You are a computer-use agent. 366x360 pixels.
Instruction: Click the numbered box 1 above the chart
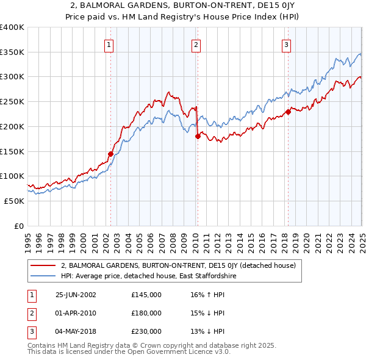click(x=109, y=44)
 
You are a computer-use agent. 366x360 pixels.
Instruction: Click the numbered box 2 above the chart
click(x=196, y=44)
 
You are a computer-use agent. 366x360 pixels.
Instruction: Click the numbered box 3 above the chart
click(x=286, y=44)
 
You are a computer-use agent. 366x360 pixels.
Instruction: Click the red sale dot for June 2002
click(x=111, y=154)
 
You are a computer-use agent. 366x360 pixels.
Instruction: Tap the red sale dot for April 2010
click(x=198, y=137)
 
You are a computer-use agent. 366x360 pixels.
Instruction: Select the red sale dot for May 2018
click(x=288, y=111)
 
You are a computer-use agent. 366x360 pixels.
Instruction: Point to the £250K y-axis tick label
click(x=12, y=101)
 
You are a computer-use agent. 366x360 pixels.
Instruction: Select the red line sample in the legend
click(x=43, y=265)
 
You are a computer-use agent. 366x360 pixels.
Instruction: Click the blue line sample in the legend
click(x=43, y=276)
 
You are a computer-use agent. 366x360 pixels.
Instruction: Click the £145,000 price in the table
click(x=146, y=295)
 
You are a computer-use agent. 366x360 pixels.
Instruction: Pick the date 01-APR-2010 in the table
click(x=76, y=313)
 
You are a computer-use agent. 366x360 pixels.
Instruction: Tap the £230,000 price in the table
click(x=146, y=331)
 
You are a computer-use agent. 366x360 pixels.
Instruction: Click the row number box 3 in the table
click(x=30, y=331)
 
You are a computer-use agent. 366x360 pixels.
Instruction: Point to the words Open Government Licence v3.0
click(x=182, y=352)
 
